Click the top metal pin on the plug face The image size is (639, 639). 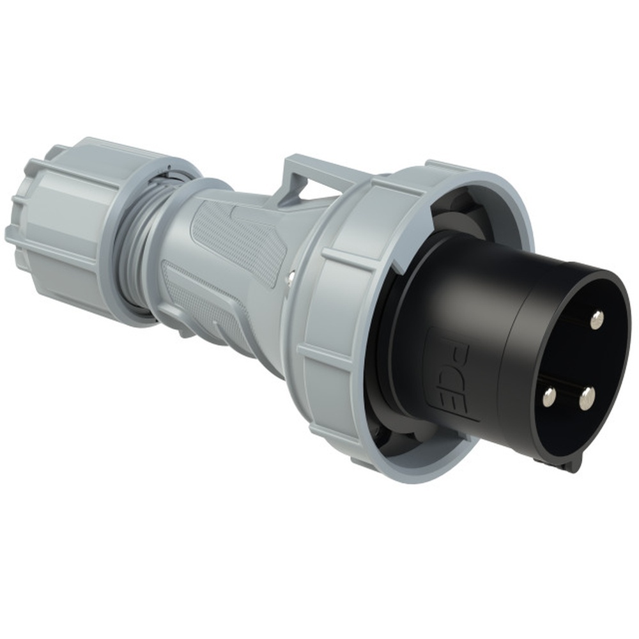[x=596, y=319]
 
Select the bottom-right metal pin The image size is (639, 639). [x=587, y=399]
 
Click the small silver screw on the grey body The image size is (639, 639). [x=291, y=275]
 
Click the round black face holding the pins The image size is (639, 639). [x=569, y=364]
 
